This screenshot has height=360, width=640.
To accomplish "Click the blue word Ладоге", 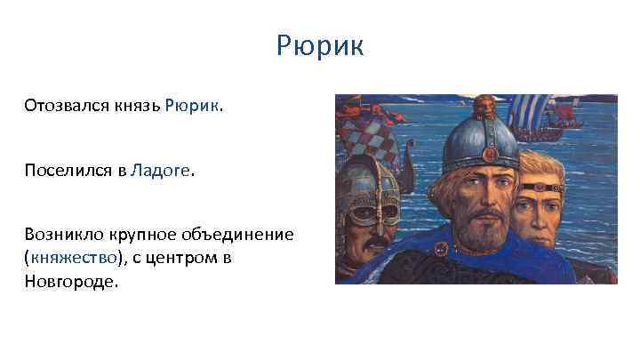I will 160,171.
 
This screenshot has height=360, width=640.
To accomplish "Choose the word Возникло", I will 63,235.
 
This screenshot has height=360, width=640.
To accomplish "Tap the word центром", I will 182,258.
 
